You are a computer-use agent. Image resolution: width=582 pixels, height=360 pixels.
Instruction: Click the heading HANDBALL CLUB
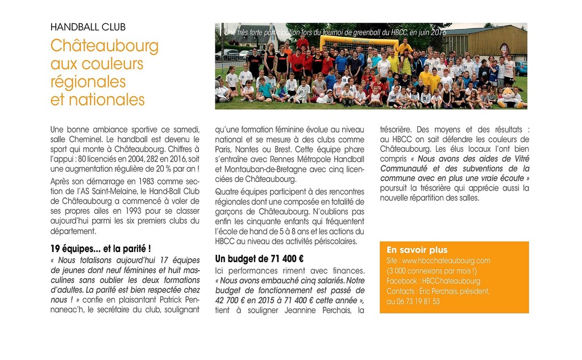coord(88,27)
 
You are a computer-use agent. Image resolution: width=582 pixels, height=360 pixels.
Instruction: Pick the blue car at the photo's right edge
coord(521,69)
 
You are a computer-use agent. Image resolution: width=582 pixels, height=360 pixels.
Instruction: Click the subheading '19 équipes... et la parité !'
coord(101,249)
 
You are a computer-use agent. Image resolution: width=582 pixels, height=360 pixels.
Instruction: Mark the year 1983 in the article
coord(135,181)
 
